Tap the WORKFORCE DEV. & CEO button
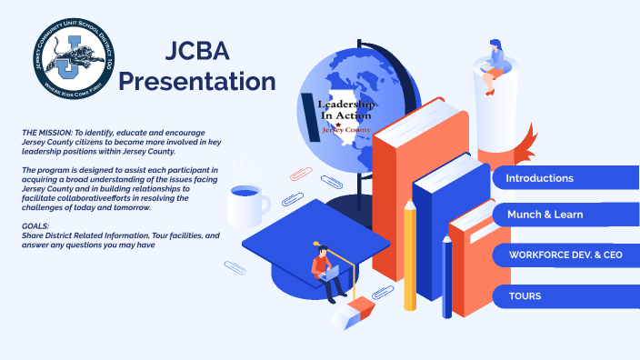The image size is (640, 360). point(565,255)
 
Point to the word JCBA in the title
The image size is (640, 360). point(197,51)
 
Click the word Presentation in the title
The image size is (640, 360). point(197,81)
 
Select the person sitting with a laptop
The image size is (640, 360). point(325,273)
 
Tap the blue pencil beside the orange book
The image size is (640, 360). point(446,273)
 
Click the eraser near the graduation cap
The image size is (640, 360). point(353,312)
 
